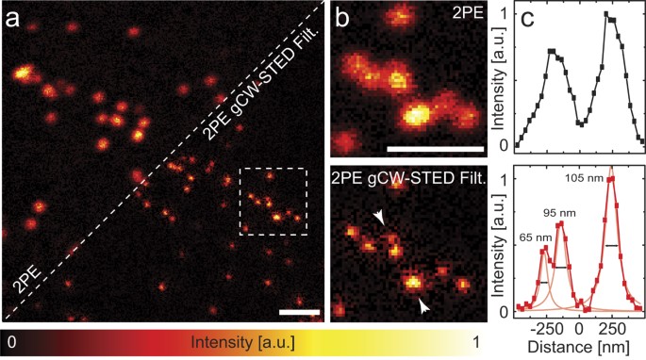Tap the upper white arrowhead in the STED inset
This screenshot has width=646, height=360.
(x=379, y=219)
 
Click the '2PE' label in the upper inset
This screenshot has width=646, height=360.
(x=462, y=17)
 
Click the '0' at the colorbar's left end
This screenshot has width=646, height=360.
(x=11, y=341)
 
